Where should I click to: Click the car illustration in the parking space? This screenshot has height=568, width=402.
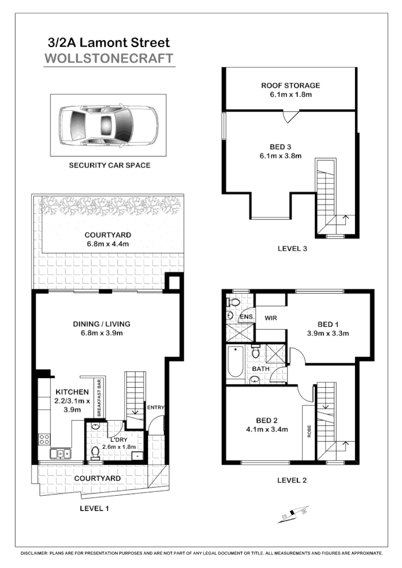108,125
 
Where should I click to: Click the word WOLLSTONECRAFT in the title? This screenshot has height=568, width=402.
109,59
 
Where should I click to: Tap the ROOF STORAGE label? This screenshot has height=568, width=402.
291,85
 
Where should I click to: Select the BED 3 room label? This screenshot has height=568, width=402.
290,146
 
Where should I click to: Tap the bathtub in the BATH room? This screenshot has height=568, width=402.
234,361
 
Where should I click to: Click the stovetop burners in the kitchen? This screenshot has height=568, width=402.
44,440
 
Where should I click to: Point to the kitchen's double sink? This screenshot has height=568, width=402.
60,454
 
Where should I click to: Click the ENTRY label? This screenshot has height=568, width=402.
156,407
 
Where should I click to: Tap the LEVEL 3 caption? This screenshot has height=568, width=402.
292,249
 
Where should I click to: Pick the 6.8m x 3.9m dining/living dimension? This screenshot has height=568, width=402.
102,333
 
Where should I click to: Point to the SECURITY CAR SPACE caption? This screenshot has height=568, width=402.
110,165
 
